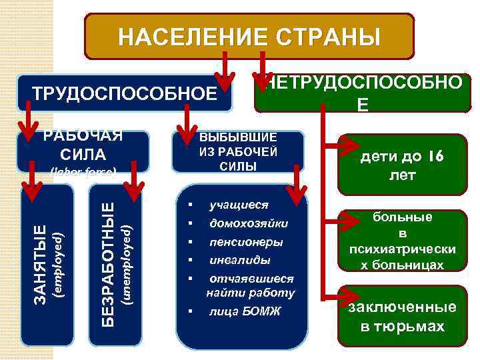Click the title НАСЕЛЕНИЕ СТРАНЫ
249,37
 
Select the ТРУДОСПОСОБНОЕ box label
125,94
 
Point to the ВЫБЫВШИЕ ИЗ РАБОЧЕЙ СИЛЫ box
238,151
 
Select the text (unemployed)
125,265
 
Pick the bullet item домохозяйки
249,223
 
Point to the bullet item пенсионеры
245,241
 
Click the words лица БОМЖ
245,311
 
